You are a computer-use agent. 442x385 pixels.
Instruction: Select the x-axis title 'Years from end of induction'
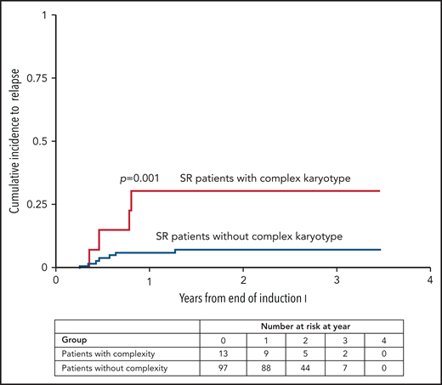[x=242, y=298]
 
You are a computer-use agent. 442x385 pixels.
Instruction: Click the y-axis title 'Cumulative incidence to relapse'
[x=17, y=141]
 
